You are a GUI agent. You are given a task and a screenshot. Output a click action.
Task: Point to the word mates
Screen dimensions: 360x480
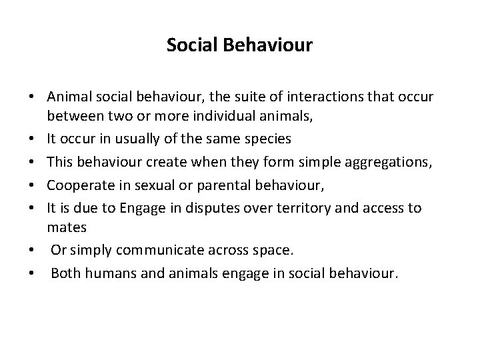coord(67,227)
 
